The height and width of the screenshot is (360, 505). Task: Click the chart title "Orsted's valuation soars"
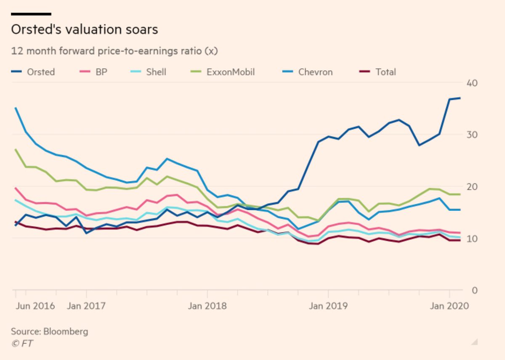84,30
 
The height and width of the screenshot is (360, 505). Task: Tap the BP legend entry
101,72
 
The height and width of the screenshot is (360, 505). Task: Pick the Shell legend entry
156,72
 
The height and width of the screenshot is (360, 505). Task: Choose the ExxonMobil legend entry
230,72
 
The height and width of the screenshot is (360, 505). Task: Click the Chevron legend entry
315,72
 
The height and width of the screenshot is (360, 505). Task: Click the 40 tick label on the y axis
471,83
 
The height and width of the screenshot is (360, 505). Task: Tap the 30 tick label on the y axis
471,135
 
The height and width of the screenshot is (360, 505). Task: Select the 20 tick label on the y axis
471,187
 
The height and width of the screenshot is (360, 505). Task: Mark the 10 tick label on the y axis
471,238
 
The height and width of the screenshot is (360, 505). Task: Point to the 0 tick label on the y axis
474,290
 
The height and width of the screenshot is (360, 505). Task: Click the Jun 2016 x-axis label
35,306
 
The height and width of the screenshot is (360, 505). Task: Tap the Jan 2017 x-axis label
86,306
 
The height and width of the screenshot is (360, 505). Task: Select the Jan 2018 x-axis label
207,306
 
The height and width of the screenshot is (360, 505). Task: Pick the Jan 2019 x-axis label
328,306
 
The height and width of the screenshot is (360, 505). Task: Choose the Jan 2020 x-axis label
449,306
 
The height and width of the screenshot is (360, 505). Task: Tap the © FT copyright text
22,344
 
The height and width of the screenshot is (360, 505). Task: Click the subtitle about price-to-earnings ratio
114,51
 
